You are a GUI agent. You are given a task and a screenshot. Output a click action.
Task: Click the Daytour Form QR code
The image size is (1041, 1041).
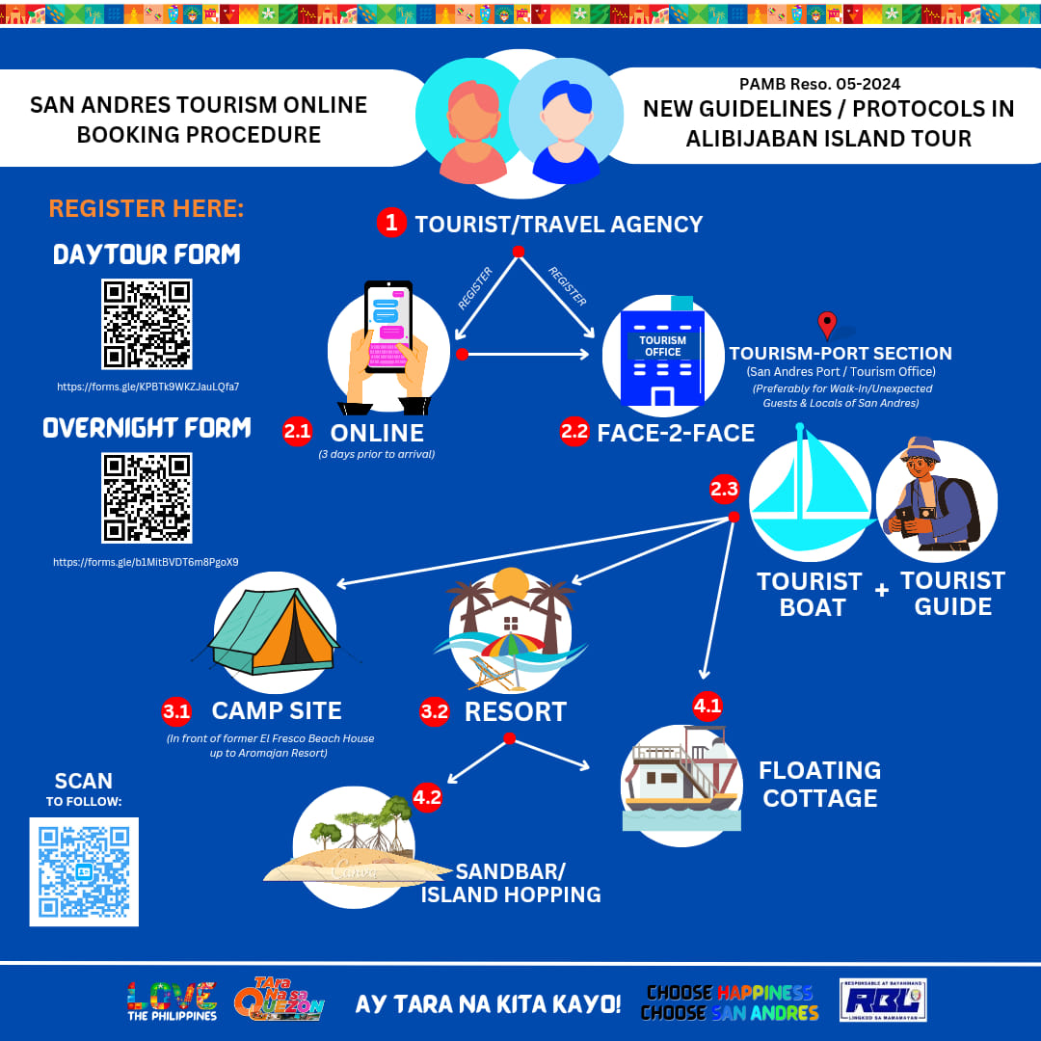[x=147, y=324]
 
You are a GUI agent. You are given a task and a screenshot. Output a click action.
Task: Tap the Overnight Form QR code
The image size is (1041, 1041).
[x=147, y=498]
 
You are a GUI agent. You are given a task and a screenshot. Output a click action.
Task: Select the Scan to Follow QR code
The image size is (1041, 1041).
[x=84, y=871]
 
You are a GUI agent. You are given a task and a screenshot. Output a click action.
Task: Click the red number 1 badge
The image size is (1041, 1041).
[x=391, y=223]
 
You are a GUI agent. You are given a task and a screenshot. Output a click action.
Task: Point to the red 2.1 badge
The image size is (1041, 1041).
[x=298, y=432]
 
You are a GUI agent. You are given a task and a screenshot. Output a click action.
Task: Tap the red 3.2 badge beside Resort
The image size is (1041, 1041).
[x=434, y=711]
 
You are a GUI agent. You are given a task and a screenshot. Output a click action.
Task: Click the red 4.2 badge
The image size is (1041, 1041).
[x=427, y=797]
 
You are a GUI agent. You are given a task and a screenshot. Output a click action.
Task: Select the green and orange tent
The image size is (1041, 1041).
[x=274, y=630]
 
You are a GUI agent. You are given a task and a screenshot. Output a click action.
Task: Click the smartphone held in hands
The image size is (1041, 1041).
[x=388, y=327]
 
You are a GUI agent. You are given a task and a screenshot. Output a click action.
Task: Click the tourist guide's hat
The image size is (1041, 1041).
[x=922, y=448]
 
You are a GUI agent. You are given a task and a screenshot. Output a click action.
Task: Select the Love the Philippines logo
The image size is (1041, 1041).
[x=172, y=1001]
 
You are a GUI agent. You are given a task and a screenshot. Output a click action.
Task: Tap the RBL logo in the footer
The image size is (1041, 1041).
[x=883, y=1000]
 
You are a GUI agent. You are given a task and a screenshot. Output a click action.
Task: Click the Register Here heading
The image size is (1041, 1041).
[x=147, y=208]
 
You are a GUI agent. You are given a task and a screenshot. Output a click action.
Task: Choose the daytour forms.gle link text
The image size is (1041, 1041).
[x=147, y=387]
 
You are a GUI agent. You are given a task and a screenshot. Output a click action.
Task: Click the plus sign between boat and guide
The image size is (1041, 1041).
[x=882, y=590]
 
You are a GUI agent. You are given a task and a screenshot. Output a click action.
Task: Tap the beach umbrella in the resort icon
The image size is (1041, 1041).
[x=513, y=645]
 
